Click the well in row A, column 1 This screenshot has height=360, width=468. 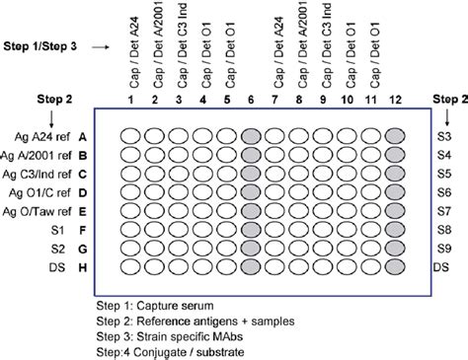[x=130, y=136]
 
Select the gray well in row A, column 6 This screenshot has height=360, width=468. [x=251, y=136]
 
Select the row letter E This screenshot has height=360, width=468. [x=84, y=210]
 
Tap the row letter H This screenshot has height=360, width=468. [x=84, y=267]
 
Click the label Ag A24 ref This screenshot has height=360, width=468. [x=44, y=136]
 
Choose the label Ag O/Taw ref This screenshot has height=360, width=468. [x=39, y=210]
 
